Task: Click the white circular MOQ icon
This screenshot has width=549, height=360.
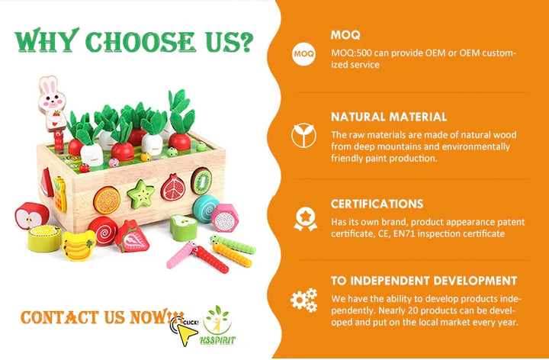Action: [x=303, y=54]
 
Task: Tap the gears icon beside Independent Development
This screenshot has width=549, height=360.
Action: [x=303, y=300]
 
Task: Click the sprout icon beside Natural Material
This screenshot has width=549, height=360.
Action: [x=303, y=136]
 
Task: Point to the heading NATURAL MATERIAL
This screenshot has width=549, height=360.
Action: [x=389, y=117]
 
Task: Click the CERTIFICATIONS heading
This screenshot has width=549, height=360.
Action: [x=377, y=204]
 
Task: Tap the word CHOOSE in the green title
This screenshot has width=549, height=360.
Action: [x=140, y=41]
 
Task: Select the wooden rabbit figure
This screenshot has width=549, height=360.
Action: [x=52, y=104]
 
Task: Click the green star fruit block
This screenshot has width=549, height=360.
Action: [x=141, y=194]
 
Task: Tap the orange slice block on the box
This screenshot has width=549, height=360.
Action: [x=107, y=200]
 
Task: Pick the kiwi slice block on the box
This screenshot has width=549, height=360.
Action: [x=201, y=181]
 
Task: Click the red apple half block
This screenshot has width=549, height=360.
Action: [x=32, y=215]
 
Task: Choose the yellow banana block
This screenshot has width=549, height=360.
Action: [x=79, y=246]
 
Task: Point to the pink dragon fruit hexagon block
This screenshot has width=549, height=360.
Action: [x=224, y=218]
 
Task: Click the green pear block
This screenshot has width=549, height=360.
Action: [x=184, y=227]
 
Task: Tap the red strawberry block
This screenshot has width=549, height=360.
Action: [x=132, y=236]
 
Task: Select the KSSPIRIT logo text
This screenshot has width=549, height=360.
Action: [x=217, y=340]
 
